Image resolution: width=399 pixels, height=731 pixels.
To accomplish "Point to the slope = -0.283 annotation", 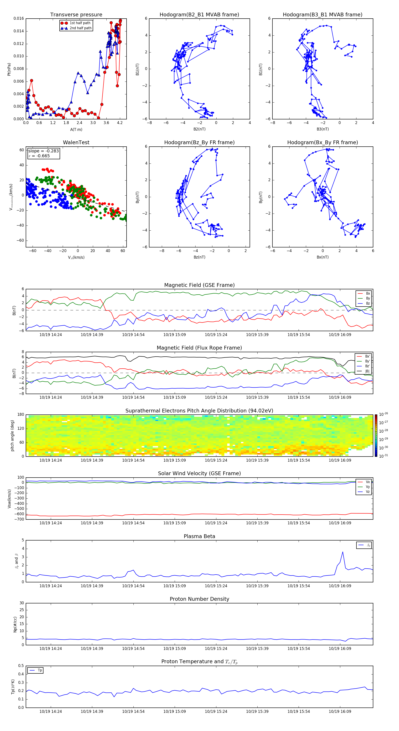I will (x=43, y=151).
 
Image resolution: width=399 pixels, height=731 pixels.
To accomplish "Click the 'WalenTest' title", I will (x=76, y=142).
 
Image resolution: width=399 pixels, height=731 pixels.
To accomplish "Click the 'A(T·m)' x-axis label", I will (x=76, y=129).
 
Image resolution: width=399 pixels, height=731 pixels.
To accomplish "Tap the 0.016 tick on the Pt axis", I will (x=19, y=18).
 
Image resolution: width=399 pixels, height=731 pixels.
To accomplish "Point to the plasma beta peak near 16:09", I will (x=342, y=552).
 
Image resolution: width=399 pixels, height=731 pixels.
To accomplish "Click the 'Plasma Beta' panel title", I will (x=199, y=536).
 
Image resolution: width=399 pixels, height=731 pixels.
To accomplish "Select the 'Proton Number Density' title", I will (x=199, y=599).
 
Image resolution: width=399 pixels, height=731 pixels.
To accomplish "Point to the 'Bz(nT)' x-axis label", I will (x=199, y=257).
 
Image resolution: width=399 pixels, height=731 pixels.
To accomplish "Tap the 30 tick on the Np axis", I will (x=22, y=603).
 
